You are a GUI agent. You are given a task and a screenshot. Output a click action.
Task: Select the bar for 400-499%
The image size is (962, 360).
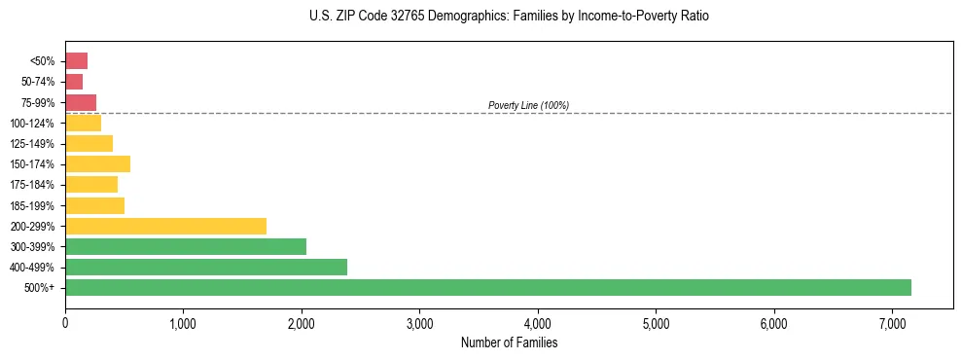[x=206, y=267]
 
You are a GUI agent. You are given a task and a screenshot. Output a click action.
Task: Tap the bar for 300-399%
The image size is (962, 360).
[x=186, y=246]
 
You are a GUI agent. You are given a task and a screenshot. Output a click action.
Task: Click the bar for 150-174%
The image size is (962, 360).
[x=97, y=163]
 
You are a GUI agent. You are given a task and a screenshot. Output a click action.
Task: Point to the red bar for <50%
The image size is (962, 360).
[x=77, y=60]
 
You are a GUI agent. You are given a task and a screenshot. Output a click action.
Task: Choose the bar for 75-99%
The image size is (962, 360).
[x=81, y=102]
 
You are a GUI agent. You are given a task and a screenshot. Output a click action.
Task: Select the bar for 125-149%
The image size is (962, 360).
[x=89, y=143]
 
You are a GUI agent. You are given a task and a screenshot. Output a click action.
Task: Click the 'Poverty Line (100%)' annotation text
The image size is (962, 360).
[x=528, y=105]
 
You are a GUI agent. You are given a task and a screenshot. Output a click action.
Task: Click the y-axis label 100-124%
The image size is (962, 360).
[x=34, y=123]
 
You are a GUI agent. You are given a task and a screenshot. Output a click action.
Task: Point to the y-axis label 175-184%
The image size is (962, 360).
[x=34, y=185]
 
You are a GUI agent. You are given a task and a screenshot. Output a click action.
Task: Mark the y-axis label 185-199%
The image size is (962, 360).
[x=34, y=205]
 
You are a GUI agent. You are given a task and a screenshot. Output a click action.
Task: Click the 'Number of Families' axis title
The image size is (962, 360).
[x=509, y=342]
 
